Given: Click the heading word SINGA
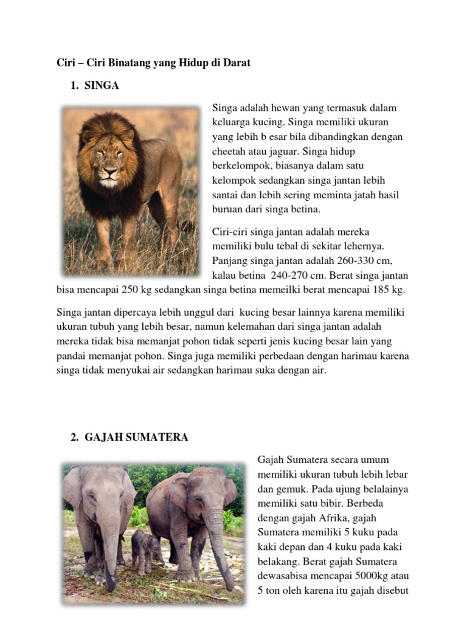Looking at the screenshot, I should [102, 86].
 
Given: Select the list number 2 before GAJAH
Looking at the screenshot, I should [74, 437].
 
